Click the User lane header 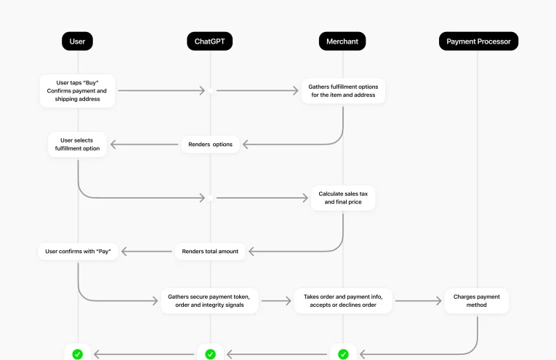click(x=78, y=41)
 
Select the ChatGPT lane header click(x=210, y=41)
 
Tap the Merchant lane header click(x=342, y=41)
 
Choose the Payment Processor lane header click(x=478, y=41)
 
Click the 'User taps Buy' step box click(x=77, y=91)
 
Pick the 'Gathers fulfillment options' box click(x=342, y=91)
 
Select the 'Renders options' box click(x=211, y=144)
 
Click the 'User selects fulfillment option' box click(x=78, y=144)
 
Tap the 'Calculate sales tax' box click(x=343, y=198)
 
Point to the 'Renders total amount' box click(x=210, y=252)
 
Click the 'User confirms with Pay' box click(x=78, y=252)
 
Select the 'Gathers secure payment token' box click(x=211, y=300)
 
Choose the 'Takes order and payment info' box click(x=343, y=300)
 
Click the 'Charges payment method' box click(x=477, y=300)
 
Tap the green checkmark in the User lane click(x=78, y=354)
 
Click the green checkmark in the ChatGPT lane click(x=210, y=354)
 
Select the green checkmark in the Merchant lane click(x=343, y=354)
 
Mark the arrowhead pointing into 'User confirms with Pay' click(x=125, y=252)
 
